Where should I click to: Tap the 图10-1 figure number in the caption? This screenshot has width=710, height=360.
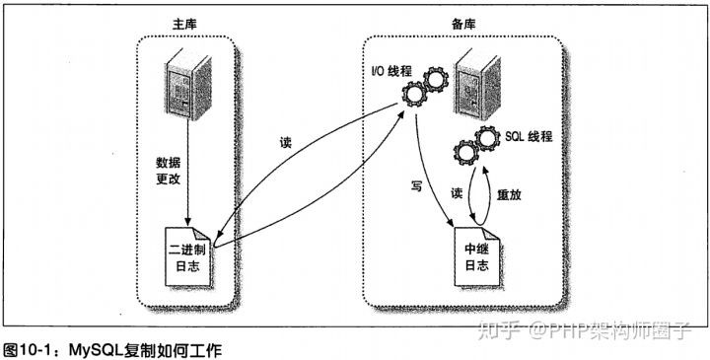pos(29,349)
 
